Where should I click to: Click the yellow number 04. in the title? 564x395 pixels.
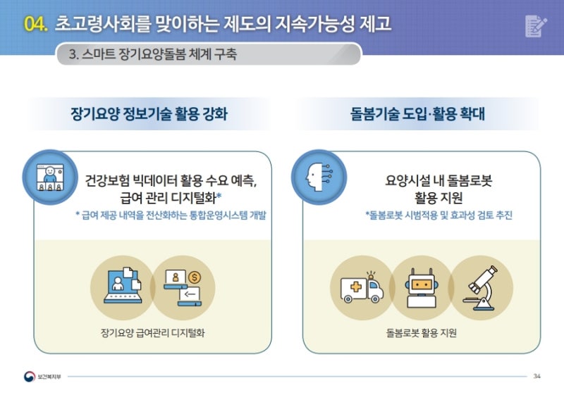click(36, 24)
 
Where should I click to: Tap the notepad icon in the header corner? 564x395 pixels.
click(536, 26)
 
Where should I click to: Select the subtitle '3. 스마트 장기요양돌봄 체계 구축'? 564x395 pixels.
click(153, 54)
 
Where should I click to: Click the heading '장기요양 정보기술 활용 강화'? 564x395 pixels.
click(149, 114)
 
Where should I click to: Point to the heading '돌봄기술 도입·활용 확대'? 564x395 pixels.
click(417, 114)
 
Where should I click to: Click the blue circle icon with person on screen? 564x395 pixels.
click(50, 177)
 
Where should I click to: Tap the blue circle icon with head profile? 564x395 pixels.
click(319, 177)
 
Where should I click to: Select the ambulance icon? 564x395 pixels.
click(362, 288)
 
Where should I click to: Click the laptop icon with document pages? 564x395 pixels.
click(122, 286)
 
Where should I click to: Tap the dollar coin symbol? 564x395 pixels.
click(195, 277)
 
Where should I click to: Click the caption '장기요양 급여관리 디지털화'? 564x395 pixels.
click(152, 333)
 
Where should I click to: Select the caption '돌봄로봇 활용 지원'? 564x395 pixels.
click(421, 333)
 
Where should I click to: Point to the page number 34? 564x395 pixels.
click(537, 376)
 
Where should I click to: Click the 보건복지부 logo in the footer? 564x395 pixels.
click(42, 376)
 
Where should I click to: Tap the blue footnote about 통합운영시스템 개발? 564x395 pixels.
click(171, 215)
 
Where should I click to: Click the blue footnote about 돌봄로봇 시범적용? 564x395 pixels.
click(439, 215)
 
